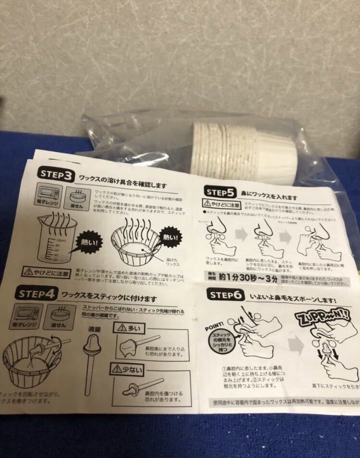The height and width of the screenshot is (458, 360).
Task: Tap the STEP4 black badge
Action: pyautogui.click(x=38, y=292)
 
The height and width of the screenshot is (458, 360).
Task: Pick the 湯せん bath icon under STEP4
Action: pyautogui.click(x=62, y=317)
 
